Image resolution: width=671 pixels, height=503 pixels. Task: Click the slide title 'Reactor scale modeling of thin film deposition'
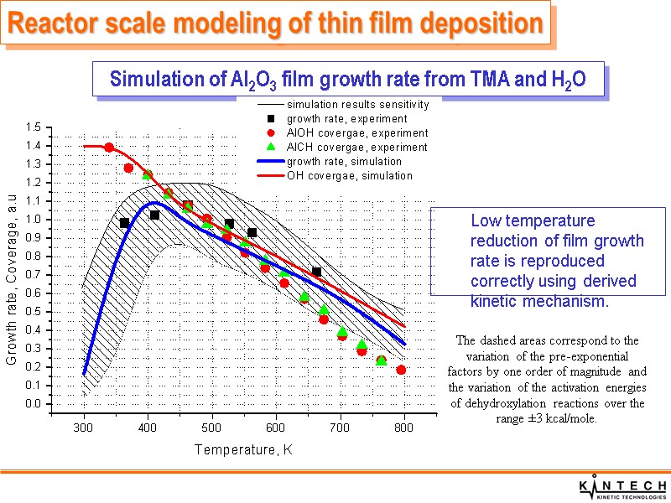point(274,24)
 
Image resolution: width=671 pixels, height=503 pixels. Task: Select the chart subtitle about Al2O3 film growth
point(347,80)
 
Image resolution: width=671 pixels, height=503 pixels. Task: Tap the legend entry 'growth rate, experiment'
point(346,119)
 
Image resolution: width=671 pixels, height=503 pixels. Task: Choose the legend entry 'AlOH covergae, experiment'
point(356,133)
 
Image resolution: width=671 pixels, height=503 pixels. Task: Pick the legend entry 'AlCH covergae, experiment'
point(356,148)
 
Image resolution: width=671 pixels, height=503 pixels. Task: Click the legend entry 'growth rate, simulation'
point(344,161)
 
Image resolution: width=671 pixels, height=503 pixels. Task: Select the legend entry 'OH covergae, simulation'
point(349,175)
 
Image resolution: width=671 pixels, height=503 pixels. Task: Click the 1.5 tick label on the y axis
point(34,127)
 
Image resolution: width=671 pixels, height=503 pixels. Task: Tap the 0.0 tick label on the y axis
point(34,404)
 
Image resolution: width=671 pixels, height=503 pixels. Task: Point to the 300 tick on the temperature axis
point(84,428)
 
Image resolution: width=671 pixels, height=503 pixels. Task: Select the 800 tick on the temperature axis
point(404,428)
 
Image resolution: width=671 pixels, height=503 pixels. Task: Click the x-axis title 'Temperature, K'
point(243,450)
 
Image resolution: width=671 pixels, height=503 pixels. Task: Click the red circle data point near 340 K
point(109,148)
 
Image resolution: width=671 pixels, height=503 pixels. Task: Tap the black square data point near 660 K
point(316,272)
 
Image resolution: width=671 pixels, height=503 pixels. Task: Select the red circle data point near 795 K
point(401,370)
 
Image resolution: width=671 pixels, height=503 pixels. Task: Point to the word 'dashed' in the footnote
point(502,340)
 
